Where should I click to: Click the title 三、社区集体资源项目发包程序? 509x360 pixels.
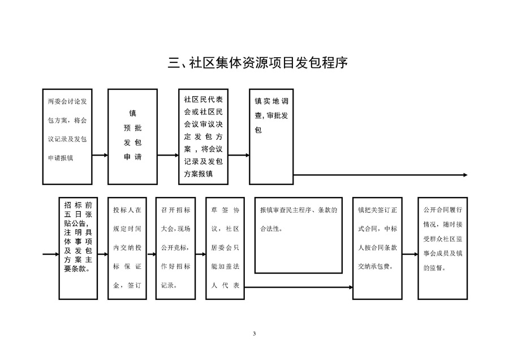tap(258, 63)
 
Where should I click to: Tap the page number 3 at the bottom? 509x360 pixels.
tap(254, 333)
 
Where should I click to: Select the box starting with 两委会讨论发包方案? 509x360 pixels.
tap(67, 137)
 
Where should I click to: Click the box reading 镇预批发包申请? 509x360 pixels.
tap(132, 137)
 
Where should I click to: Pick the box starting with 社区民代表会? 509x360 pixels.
tap(203, 137)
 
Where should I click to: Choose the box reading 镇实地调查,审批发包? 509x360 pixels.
tap(271, 137)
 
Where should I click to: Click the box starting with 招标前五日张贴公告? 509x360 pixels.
tap(78, 248)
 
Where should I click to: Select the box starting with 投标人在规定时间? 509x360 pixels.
tap(127, 248)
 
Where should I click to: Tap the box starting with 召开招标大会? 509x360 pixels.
tap(176, 248)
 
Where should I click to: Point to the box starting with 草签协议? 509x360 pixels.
tap(225, 248)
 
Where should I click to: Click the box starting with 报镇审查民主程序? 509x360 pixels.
tap(299, 235)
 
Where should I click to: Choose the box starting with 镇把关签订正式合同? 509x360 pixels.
tap(378, 248)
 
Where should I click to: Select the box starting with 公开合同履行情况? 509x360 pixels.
tap(443, 248)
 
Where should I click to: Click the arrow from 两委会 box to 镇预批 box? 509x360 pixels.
tap(100, 155)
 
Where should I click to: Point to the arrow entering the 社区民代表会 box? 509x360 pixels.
tap(168, 155)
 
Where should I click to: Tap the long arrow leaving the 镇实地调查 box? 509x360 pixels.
tap(381, 175)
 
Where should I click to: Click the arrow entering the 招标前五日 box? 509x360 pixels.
tap(51, 254)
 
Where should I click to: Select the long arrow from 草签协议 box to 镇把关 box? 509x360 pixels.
tap(299, 287)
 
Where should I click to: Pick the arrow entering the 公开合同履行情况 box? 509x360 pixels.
tap(411, 254)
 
